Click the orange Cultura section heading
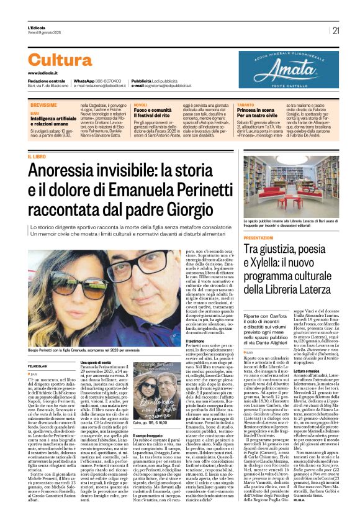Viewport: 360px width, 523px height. pos(60,60)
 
